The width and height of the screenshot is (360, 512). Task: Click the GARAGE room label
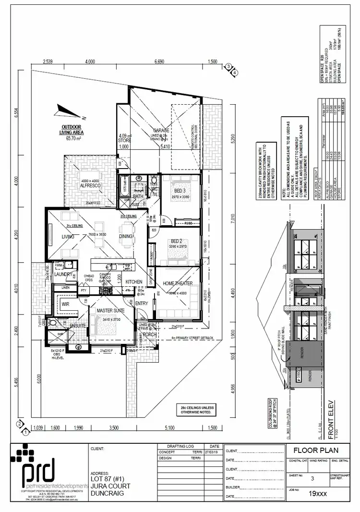(x=162, y=130)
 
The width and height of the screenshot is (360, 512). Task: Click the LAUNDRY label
(x=63, y=274)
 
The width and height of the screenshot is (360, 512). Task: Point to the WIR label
(x=66, y=304)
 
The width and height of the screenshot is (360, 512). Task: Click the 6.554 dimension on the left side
(x=16, y=111)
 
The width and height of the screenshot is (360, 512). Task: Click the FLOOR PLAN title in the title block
(x=315, y=451)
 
